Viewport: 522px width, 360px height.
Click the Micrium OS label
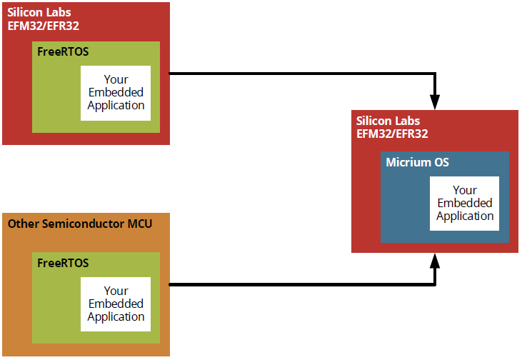[418, 162]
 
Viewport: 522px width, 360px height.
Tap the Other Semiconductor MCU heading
[79, 224]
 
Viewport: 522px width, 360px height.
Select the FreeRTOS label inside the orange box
[63, 263]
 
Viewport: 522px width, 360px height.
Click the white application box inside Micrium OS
[464, 204]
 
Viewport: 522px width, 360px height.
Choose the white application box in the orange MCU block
[116, 304]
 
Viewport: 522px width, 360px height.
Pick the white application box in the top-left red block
[116, 93]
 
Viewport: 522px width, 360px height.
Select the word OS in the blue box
[441, 162]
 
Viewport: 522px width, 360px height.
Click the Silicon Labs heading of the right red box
[388, 121]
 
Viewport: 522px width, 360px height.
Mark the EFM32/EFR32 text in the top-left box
[42, 26]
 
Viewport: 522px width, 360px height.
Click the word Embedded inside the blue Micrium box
[465, 204]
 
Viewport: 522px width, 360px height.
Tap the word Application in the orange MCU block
[116, 316]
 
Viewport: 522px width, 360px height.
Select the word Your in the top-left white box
[116, 79]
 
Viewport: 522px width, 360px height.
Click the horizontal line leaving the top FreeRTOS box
[300, 73]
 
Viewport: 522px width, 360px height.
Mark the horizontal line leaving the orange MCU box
[300, 284]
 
